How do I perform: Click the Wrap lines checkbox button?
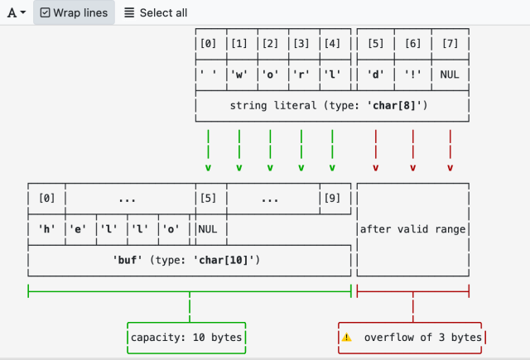(x=74, y=13)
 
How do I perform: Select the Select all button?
(x=156, y=13)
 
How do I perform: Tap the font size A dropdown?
(x=17, y=13)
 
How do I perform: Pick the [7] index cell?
(x=450, y=43)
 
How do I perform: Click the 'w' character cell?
(x=238, y=74)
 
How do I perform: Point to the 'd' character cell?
(x=375, y=74)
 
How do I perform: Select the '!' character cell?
(x=412, y=74)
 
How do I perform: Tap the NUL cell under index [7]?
(x=450, y=74)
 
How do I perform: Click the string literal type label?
(x=331, y=106)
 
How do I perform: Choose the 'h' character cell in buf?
(x=46, y=229)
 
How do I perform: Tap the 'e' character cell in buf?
(x=79, y=229)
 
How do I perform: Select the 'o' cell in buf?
(x=172, y=229)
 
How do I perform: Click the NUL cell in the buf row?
(x=207, y=229)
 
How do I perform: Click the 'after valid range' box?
(x=412, y=229)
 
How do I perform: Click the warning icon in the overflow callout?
(x=347, y=338)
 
